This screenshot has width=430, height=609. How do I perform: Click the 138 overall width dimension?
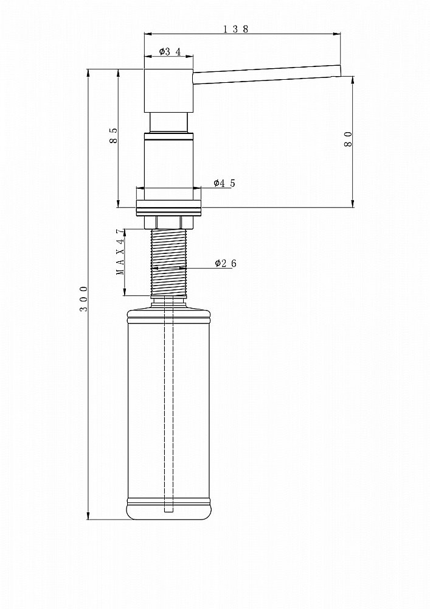235,29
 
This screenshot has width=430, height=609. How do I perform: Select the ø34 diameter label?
170,52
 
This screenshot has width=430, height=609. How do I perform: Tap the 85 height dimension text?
114,135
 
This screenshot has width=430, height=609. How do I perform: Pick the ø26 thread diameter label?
224,263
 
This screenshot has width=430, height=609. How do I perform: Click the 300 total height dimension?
85,298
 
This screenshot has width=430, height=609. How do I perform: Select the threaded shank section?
168,262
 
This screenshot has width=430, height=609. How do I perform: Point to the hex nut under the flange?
168,222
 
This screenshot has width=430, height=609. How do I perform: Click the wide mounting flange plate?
168,208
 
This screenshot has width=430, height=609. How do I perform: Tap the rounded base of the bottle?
168,512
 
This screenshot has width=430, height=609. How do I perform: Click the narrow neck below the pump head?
168,122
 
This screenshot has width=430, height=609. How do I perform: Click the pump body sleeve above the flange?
168,161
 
